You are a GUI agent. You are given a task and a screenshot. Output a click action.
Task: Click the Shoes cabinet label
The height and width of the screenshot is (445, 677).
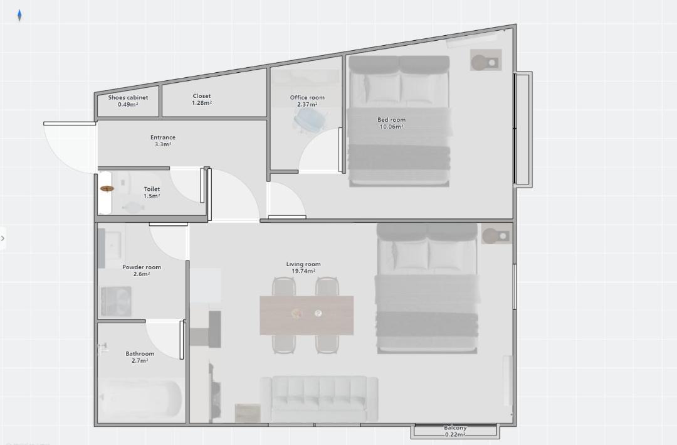tap(128, 101)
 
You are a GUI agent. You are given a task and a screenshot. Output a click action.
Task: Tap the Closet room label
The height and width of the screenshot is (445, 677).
tap(202, 99)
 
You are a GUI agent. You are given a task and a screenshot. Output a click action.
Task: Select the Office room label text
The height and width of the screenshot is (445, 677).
tap(307, 101)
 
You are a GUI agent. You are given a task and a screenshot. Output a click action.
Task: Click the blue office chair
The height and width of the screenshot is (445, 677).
tap(310, 119)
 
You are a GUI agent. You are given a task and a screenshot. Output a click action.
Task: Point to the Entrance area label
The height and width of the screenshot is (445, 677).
tap(163, 141)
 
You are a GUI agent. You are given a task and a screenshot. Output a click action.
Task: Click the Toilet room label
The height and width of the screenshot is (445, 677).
tap(152, 193)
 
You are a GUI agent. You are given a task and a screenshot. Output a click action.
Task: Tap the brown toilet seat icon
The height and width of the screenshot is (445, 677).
tap(107, 188)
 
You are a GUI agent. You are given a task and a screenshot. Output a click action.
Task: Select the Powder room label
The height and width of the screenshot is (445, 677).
tap(142, 271)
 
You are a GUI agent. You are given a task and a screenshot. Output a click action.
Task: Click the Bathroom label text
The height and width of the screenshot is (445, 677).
tap(140, 357)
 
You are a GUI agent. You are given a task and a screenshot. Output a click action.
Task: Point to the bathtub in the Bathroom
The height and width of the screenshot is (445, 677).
tap(140, 399)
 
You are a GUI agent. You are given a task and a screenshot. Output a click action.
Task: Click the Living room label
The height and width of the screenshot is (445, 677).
tap(303, 267)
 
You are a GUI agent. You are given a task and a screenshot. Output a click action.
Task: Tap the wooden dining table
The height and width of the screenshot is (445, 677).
tap(307, 315)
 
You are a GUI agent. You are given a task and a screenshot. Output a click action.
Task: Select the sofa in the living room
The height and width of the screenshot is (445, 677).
tap(319, 399)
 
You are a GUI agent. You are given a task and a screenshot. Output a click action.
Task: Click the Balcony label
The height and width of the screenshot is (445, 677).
tap(455, 431)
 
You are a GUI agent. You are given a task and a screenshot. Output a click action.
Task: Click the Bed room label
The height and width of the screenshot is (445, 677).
tap(392, 123)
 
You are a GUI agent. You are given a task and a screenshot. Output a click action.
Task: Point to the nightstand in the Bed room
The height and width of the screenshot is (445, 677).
tap(486, 60)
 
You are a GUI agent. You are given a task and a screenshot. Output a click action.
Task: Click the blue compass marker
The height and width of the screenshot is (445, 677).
tap(19, 16)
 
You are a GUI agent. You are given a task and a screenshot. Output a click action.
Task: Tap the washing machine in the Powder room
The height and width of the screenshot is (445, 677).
tap(116, 301)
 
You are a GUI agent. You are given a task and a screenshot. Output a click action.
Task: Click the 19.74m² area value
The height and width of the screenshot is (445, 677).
tap(303, 271)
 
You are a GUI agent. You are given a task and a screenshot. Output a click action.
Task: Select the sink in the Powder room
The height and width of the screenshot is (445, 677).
tap(111, 245)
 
